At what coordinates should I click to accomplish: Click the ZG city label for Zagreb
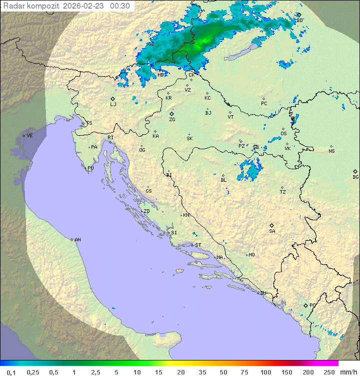(172, 120)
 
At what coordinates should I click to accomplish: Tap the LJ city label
(113, 105)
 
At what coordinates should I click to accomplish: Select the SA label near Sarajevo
(272, 231)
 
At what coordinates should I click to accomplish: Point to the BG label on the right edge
(355, 177)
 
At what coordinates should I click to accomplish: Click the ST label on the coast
(198, 245)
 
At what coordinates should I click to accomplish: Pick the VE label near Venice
(29, 136)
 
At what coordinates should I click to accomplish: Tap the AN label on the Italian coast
(77, 240)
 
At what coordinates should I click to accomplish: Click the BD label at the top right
(299, 21)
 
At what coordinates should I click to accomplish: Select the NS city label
(331, 151)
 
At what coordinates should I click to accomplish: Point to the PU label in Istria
(90, 168)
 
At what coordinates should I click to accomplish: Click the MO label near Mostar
(251, 255)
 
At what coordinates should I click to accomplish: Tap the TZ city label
(282, 192)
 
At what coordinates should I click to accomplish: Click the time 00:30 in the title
(120, 6)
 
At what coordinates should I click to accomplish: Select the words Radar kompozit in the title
(31, 6)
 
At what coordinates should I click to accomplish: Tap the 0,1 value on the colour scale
(11, 372)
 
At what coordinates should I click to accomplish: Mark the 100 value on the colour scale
(265, 372)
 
